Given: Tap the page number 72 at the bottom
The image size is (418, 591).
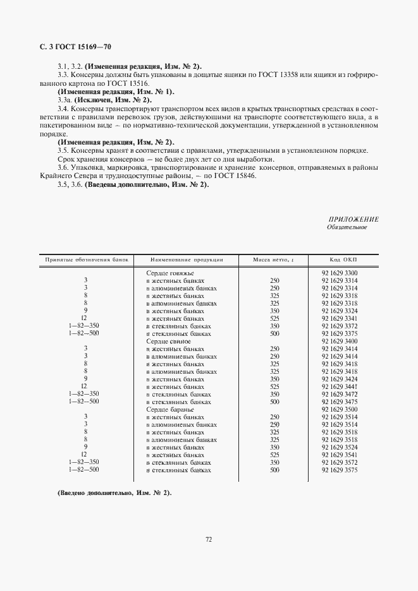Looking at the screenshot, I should [x=209, y=539].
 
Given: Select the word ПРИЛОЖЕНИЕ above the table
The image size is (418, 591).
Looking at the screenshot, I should [x=353, y=219].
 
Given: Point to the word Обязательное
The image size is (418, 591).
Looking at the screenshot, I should [x=347, y=227].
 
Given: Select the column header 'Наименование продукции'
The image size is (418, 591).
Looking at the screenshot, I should [x=187, y=260].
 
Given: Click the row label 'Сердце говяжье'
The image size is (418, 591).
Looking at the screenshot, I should [x=169, y=272].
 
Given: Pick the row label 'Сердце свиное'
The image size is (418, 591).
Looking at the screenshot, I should [x=168, y=341].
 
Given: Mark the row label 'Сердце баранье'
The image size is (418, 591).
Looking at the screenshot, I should [x=169, y=409].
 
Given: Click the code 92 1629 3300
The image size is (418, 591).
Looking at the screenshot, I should [x=340, y=272].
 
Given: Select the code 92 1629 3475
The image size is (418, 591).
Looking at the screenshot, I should [x=340, y=401].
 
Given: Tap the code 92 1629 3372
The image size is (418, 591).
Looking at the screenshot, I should [x=340, y=326].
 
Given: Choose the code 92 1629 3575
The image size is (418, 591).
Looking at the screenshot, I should [x=340, y=470].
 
